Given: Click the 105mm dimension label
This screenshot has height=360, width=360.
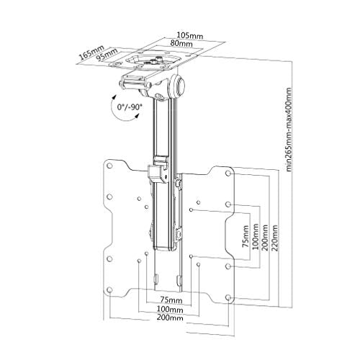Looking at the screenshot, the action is [190, 35].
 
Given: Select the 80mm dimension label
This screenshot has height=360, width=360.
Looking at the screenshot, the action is [181, 43].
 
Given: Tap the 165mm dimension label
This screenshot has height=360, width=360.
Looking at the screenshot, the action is [91, 53].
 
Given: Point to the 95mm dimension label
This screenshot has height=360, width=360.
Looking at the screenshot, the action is [107, 55].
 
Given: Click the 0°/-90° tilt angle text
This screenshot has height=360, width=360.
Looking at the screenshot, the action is [130, 107].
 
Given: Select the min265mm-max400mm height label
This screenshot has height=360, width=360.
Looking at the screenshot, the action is [289, 130].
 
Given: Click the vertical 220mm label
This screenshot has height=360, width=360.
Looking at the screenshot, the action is [275, 238].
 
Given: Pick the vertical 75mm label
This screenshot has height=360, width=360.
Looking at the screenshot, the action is [246, 236].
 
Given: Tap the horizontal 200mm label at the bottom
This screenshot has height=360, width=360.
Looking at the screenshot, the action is [170, 318].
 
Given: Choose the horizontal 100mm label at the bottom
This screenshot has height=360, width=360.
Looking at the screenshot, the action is [170, 310].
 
